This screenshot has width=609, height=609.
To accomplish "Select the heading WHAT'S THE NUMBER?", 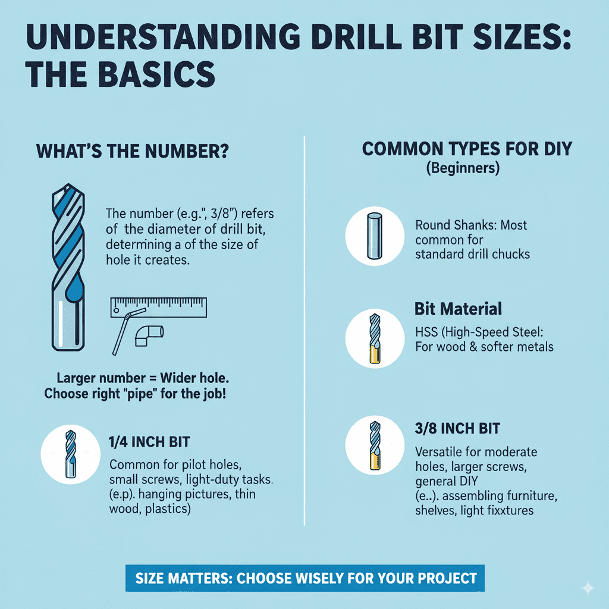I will tap(134, 151).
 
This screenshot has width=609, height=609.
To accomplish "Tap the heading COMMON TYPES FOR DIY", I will tap(467, 148).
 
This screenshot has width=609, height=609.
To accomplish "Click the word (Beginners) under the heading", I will tap(463, 168).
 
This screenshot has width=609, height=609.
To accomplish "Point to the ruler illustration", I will tap(158, 306).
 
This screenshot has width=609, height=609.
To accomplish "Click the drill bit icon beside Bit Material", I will tap(375, 338).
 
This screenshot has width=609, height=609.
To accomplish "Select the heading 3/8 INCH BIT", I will tap(457, 428).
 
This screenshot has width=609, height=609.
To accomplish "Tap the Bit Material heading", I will tap(458, 309).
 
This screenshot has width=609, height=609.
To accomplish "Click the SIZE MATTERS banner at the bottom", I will tap(306, 578).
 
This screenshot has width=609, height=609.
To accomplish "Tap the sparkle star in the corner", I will tap(588, 588).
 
